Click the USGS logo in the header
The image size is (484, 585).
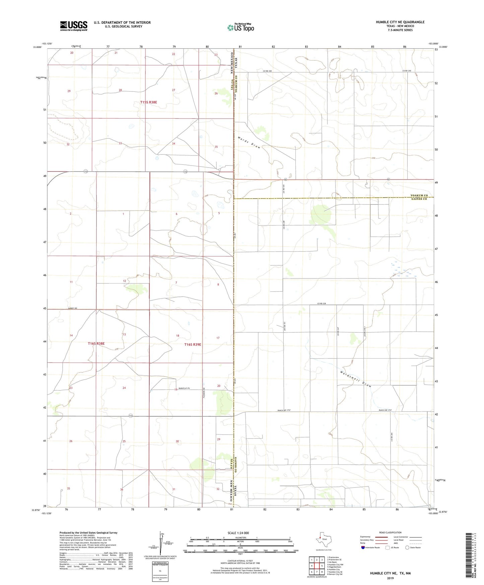(x=74, y=26)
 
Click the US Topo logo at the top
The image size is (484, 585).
(x=240, y=27)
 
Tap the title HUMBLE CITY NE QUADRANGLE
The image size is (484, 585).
(x=400, y=22)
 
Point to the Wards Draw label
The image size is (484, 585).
(x=249, y=143)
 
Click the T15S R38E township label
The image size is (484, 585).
(x=148, y=102)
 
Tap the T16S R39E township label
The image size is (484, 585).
(x=193, y=344)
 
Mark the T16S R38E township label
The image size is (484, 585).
(x=96, y=343)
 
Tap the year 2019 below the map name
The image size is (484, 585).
(x=390, y=578)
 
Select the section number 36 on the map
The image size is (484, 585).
(x=122, y=490)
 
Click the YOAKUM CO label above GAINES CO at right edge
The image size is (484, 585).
(x=419, y=195)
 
